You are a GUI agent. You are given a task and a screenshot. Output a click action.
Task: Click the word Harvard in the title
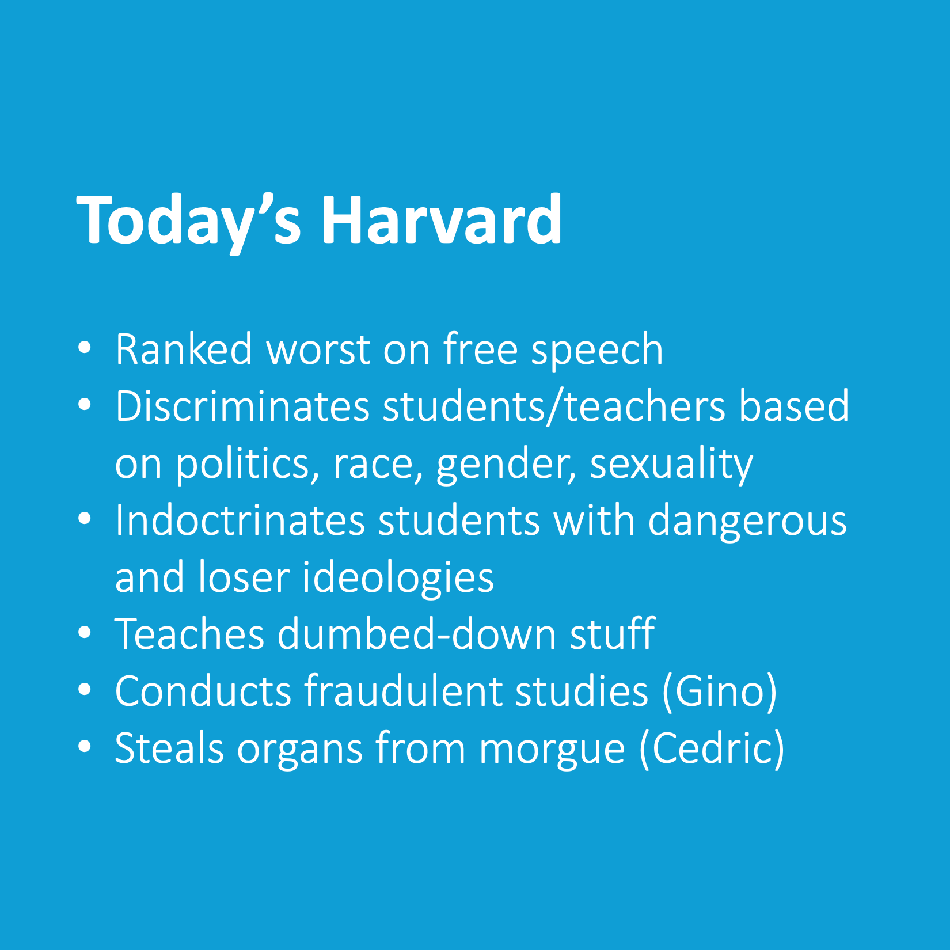(x=442, y=220)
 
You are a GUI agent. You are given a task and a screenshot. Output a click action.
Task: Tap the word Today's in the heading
(x=189, y=223)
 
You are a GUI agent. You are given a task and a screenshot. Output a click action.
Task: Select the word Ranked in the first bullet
(x=184, y=349)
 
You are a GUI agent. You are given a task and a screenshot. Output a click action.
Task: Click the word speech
(x=597, y=352)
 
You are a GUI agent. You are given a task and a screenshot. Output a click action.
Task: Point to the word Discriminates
(x=242, y=406)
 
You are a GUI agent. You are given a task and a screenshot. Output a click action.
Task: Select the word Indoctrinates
(x=240, y=520)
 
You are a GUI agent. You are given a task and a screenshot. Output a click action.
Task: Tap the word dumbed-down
(x=417, y=634)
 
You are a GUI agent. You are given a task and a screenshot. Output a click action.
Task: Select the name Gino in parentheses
(x=720, y=691)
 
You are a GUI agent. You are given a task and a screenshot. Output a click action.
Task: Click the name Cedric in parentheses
(x=712, y=748)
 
